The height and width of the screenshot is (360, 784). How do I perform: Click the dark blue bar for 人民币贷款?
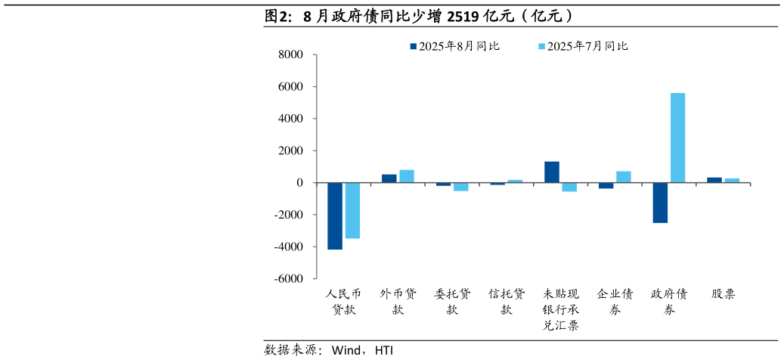[335, 216]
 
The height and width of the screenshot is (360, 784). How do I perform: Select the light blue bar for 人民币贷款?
[352, 210]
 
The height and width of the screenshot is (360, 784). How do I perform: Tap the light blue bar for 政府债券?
[677, 138]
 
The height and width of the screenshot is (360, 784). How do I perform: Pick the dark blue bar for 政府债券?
[660, 203]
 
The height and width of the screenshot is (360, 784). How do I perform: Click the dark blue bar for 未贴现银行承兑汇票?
[552, 172]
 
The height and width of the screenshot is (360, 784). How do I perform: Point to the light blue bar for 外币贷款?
[407, 176]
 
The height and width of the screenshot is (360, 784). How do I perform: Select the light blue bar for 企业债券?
[624, 177]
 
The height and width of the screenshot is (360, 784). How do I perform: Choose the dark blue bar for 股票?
[714, 180]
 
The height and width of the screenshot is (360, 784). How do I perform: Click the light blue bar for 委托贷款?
[460, 187]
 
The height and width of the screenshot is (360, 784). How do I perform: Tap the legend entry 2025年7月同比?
[583, 46]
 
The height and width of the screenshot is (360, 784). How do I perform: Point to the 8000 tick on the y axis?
[291, 55]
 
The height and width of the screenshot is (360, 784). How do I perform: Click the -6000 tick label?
[288, 279]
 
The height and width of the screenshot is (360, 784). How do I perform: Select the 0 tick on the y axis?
[300, 183]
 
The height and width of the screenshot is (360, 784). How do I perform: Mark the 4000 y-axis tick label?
[291, 119]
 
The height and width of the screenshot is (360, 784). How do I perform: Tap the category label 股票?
[723, 294]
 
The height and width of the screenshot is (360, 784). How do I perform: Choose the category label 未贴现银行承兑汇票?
[560, 310]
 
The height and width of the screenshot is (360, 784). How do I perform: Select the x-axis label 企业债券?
[615, 302]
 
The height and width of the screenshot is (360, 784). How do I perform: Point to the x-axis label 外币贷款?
[398, 302]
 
